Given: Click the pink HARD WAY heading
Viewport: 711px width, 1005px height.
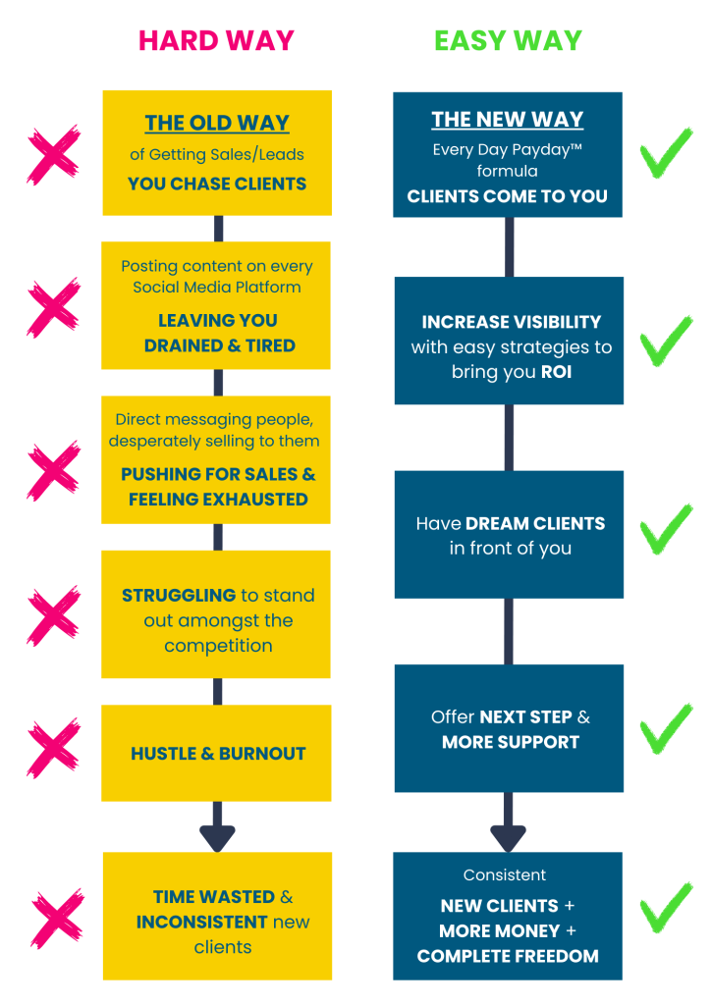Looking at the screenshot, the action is [x=217, y=41].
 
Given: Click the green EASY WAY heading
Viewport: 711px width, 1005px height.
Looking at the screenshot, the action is [x=508, y=41].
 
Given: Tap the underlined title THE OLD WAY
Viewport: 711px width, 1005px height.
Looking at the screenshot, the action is [x=217, y=123].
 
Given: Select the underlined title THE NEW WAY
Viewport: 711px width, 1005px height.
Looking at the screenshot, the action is [x=507, y=119].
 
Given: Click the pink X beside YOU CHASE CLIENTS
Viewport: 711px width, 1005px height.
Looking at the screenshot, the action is [x=54, y=155].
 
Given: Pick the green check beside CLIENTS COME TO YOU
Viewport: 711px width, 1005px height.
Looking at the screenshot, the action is [x=666, y=152].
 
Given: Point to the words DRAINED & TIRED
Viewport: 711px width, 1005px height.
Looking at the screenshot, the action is [x=219, y=345].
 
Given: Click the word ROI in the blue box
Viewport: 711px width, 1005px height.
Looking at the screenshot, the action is [x=556, y=372].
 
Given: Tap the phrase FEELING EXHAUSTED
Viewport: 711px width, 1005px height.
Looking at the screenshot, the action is [x=218, y=500].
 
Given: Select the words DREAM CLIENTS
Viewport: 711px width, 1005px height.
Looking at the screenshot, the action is [x=535, y=524].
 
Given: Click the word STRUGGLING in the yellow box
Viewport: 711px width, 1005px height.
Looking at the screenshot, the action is [x=179, y=596].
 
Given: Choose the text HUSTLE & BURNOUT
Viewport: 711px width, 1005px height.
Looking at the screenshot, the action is [x=218, y=754].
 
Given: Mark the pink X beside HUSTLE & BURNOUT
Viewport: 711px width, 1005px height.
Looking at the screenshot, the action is [x=54, y=748].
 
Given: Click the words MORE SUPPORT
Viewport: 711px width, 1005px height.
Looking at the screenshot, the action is [x=511, y=742].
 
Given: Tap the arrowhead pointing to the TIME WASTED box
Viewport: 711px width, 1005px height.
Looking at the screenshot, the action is [x=217, y=838].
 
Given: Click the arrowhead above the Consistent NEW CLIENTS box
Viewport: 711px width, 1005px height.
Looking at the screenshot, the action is [x=509, y=838].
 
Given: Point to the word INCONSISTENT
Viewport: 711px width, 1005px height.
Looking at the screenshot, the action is [x=201, y=923].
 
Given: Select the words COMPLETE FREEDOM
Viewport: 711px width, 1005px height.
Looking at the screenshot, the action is [x=508, y=956].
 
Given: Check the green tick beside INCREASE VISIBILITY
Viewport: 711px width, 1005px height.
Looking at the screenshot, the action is [x=666, y=341].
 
